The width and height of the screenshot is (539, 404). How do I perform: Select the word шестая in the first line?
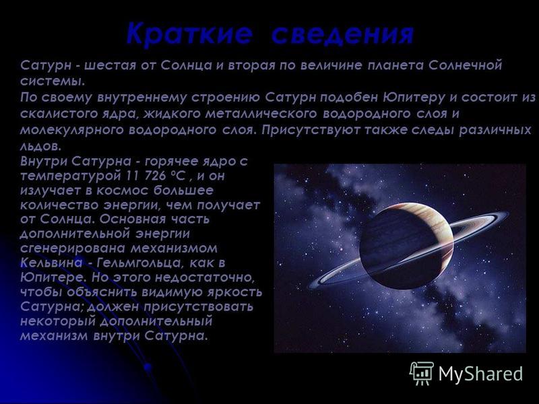pyautogui.click(x=110, y=65)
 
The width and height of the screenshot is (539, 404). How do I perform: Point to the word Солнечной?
pyautogui.click(x=465, y=65)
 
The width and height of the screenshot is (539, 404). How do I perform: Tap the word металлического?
pyautogui.click(x=261, y=114)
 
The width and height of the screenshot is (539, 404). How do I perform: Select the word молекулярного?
pyautogui.click(x=71, y=130)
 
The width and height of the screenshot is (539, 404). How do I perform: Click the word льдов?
pyautogui.click(x=40, y=146)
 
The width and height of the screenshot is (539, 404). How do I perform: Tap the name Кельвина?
pyautogui.click(x=52, y=263)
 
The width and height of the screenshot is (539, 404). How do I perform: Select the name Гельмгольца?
pyautogui.click(x=139, y=263)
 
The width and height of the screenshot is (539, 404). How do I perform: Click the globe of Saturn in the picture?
pyautogui.click(x=406, y=246)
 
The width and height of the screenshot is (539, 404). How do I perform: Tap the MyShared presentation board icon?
pyautogui.click(x=422, y=373)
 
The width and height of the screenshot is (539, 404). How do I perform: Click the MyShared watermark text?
pyautogui.click(x=480, y=374)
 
